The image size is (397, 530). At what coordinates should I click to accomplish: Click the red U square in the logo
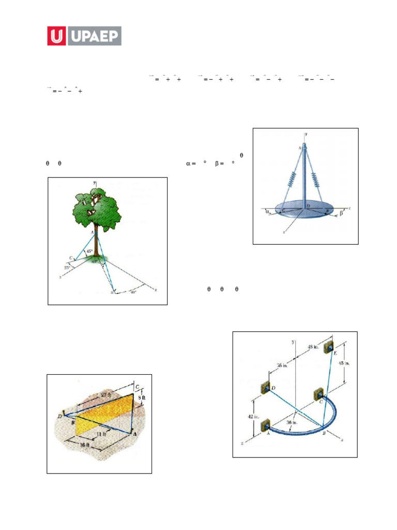(57, 36)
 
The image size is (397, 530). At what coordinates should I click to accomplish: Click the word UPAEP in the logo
(93, 36)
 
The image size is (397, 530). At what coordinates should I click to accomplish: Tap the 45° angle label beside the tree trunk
(89, 252)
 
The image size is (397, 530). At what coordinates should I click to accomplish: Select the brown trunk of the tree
(97, 243)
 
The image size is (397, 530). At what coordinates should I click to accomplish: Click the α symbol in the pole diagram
(266, 211)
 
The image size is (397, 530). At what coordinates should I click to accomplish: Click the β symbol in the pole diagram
(342, 212)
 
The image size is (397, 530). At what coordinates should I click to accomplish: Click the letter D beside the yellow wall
(60, 416)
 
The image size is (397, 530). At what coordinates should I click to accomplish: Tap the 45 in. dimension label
(344, 363)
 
